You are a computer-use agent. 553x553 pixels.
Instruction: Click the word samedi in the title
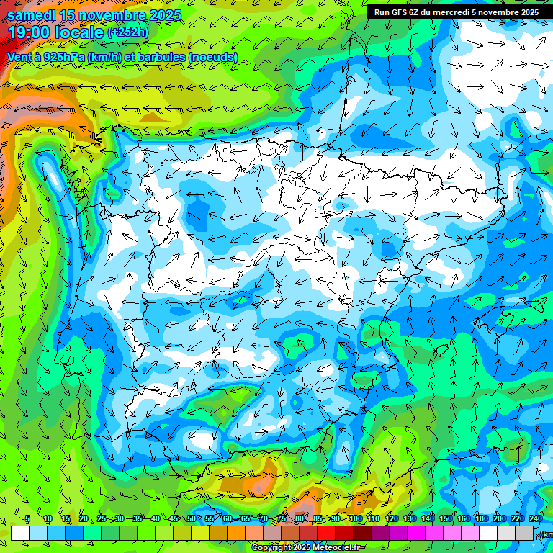[31, 15]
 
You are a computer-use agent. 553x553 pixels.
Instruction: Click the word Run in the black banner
[382, 12]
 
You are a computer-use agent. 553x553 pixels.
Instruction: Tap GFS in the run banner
[400, 12]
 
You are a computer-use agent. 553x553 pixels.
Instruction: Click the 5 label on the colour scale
[27, 518]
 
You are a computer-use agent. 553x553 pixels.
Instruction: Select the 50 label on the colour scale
[192, 518]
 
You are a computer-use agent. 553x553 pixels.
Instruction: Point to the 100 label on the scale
[356, 518]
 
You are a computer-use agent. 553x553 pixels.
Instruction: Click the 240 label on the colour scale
[536, 518]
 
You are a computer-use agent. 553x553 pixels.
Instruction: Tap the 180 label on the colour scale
[482, 518]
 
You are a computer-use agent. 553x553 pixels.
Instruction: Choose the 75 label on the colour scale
[282, 518]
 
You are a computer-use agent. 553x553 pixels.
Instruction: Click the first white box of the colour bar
[20, 533]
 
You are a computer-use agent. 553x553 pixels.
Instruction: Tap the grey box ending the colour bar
[524, 533]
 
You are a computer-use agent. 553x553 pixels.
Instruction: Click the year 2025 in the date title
[165, 15]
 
